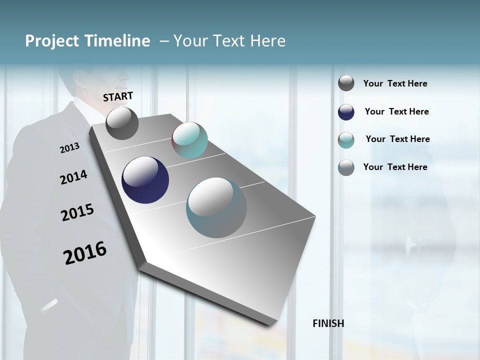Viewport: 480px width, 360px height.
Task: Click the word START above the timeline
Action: coord(118,96)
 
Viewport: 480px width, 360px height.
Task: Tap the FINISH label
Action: coord(328,323)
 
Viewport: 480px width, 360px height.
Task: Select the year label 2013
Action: coord(69,147)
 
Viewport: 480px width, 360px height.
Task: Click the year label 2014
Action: coord(73,177)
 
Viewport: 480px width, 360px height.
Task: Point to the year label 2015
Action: coord(77,212)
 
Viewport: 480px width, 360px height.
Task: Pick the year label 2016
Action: coord(85,253)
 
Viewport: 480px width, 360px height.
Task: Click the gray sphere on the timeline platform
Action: coord(122,123)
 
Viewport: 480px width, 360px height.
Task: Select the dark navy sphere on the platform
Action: coord(145,180)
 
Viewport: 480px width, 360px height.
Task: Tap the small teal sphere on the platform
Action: coord(190,140)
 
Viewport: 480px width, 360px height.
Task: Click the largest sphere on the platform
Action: coord(216,207)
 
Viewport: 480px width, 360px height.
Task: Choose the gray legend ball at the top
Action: coord(346,83)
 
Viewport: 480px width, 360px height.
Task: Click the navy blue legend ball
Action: coord(346,112)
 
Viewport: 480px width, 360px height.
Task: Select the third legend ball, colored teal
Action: coord(346,140)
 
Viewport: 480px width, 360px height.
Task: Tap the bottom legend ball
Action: coord(346,167)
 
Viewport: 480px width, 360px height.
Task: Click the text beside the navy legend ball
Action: coord(396,111)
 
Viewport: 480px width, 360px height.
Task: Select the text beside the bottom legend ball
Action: coord(395,167)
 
